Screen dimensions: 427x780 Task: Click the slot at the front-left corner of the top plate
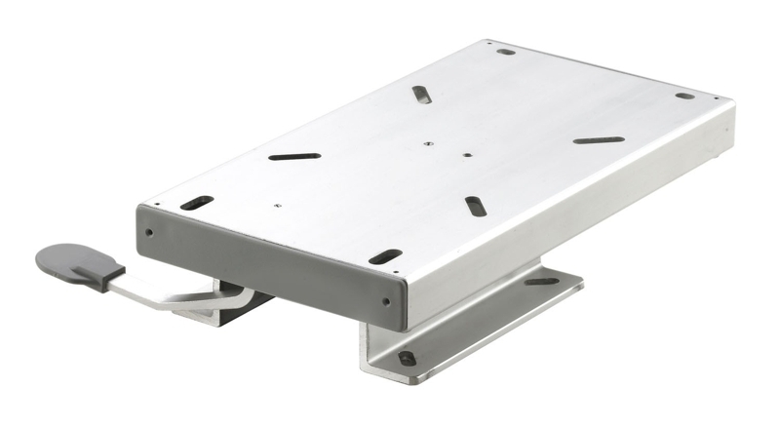pyautogui.click(x=196, y=203)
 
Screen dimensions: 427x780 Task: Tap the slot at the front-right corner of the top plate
pyautogui.click(x=384, y=257)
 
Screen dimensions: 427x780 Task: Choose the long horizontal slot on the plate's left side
pyautogui.click(x=294, y=156)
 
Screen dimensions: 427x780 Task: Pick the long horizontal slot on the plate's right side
pyautogui.click(x=599, y=140)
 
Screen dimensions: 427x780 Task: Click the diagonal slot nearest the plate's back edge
pyautogui.click(x=421, y=95)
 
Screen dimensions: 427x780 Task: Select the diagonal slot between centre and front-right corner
pyautogui.click(x=475, y=206)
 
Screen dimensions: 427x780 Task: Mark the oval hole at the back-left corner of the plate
pyautogui.click(x=505, y=52)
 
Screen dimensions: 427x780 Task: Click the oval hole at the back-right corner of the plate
pyautogui.click(x=684, y=96)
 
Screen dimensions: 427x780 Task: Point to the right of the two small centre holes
pyautogui.click(x=468, y=154)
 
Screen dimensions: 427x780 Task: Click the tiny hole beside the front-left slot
pyautogui.click(x=278, y=205)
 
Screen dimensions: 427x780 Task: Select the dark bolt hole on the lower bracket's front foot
pyautogui.click(x=407, y=358)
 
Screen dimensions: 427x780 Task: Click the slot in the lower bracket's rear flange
pyautogui.click(x=542, y=282)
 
